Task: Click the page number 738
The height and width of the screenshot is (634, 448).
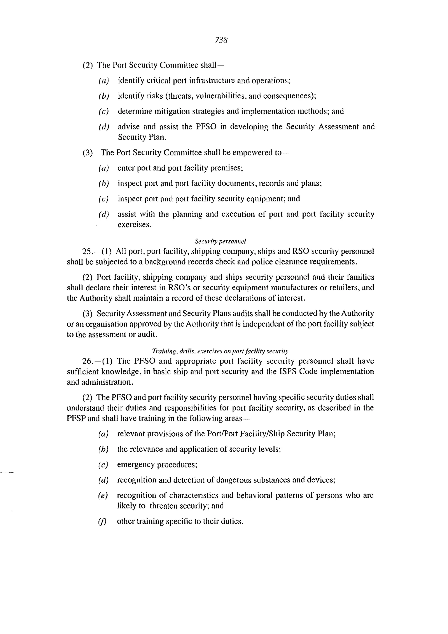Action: [221, 40]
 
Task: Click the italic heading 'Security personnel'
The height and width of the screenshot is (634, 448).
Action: [220, 241]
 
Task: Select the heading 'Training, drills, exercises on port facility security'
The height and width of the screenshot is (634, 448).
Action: [220, 351]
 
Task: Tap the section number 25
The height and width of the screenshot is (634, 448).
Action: [87, 252]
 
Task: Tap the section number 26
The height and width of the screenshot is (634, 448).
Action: [87, 361]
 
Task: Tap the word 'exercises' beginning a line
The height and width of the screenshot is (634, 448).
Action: [134, 225]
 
